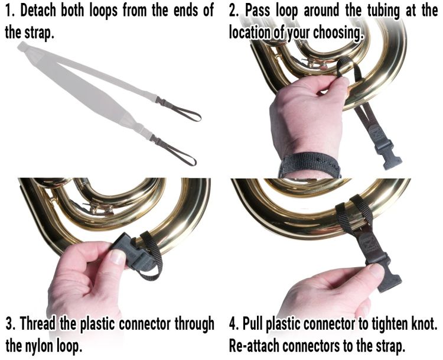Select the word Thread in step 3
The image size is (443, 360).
40,324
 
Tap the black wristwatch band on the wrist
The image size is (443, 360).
310,164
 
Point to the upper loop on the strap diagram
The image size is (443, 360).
181,110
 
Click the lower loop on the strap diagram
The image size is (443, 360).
176,151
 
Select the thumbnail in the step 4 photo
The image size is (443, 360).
376,271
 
